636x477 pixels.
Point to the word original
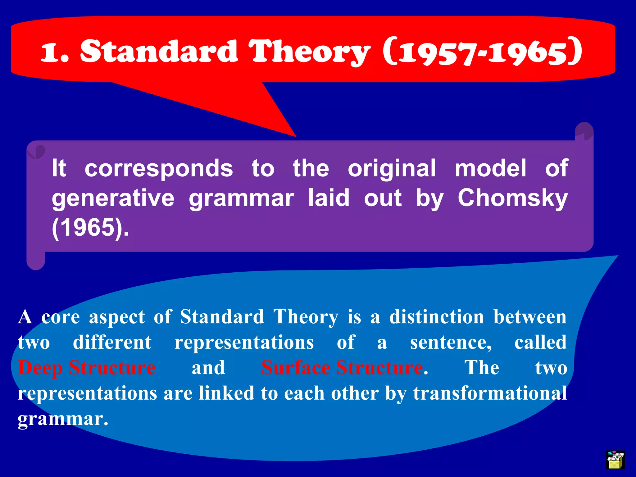click(392, 169)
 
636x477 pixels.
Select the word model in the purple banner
click(491, 169)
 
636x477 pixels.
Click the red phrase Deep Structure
click(87, 368)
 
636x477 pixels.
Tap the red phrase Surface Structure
click(342, 368)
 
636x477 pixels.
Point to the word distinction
click(437, 317)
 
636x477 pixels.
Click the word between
click(530, 317)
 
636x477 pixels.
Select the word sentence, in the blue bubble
click(451, 343)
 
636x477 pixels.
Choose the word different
click(112, 343)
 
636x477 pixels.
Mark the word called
click(540, 343)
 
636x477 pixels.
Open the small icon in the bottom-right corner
click(615, 460)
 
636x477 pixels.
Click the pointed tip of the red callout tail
click(295, 136)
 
